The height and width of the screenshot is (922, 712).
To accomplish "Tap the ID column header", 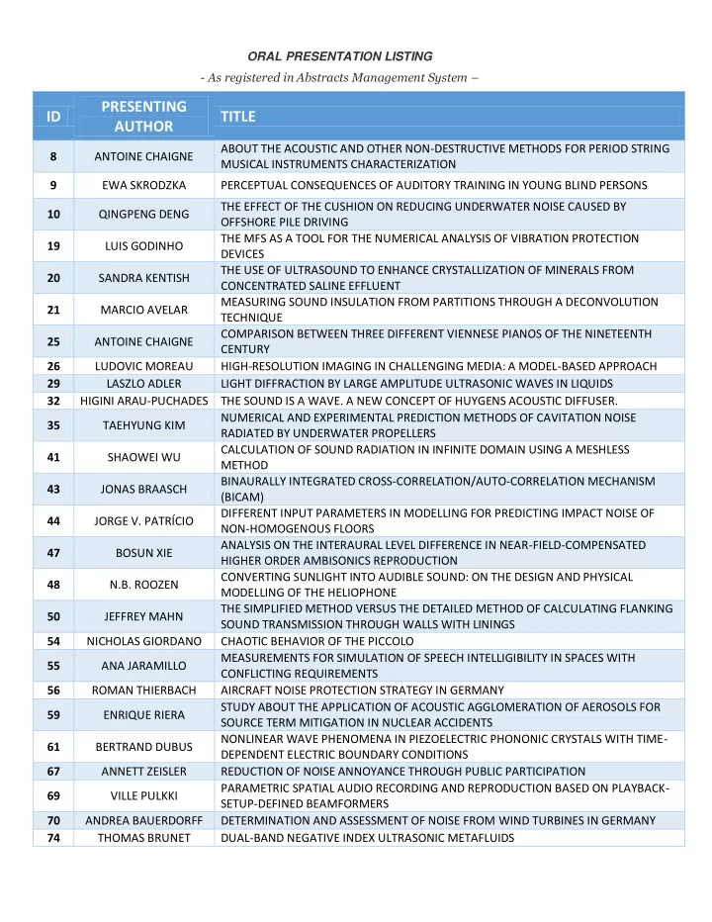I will coord(52,117).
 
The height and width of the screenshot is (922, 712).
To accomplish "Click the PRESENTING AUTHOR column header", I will coord(143,117).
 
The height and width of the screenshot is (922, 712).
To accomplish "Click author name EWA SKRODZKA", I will coord(143,185).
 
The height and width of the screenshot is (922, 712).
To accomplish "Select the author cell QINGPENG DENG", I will coord(143,214).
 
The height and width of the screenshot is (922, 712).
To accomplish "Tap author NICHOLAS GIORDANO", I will coord(143,640).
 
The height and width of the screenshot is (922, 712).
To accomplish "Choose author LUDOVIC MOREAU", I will coord(143,366).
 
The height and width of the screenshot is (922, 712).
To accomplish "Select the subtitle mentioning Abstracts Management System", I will coord(341,78).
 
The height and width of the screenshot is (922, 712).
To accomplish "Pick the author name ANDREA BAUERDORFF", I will coord(143,820).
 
